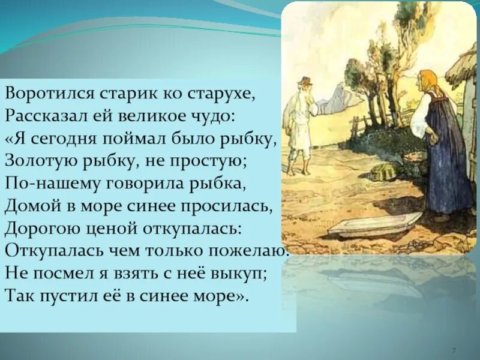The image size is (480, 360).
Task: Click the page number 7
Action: [454, 350]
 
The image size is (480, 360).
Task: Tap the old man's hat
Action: [305, 82]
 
